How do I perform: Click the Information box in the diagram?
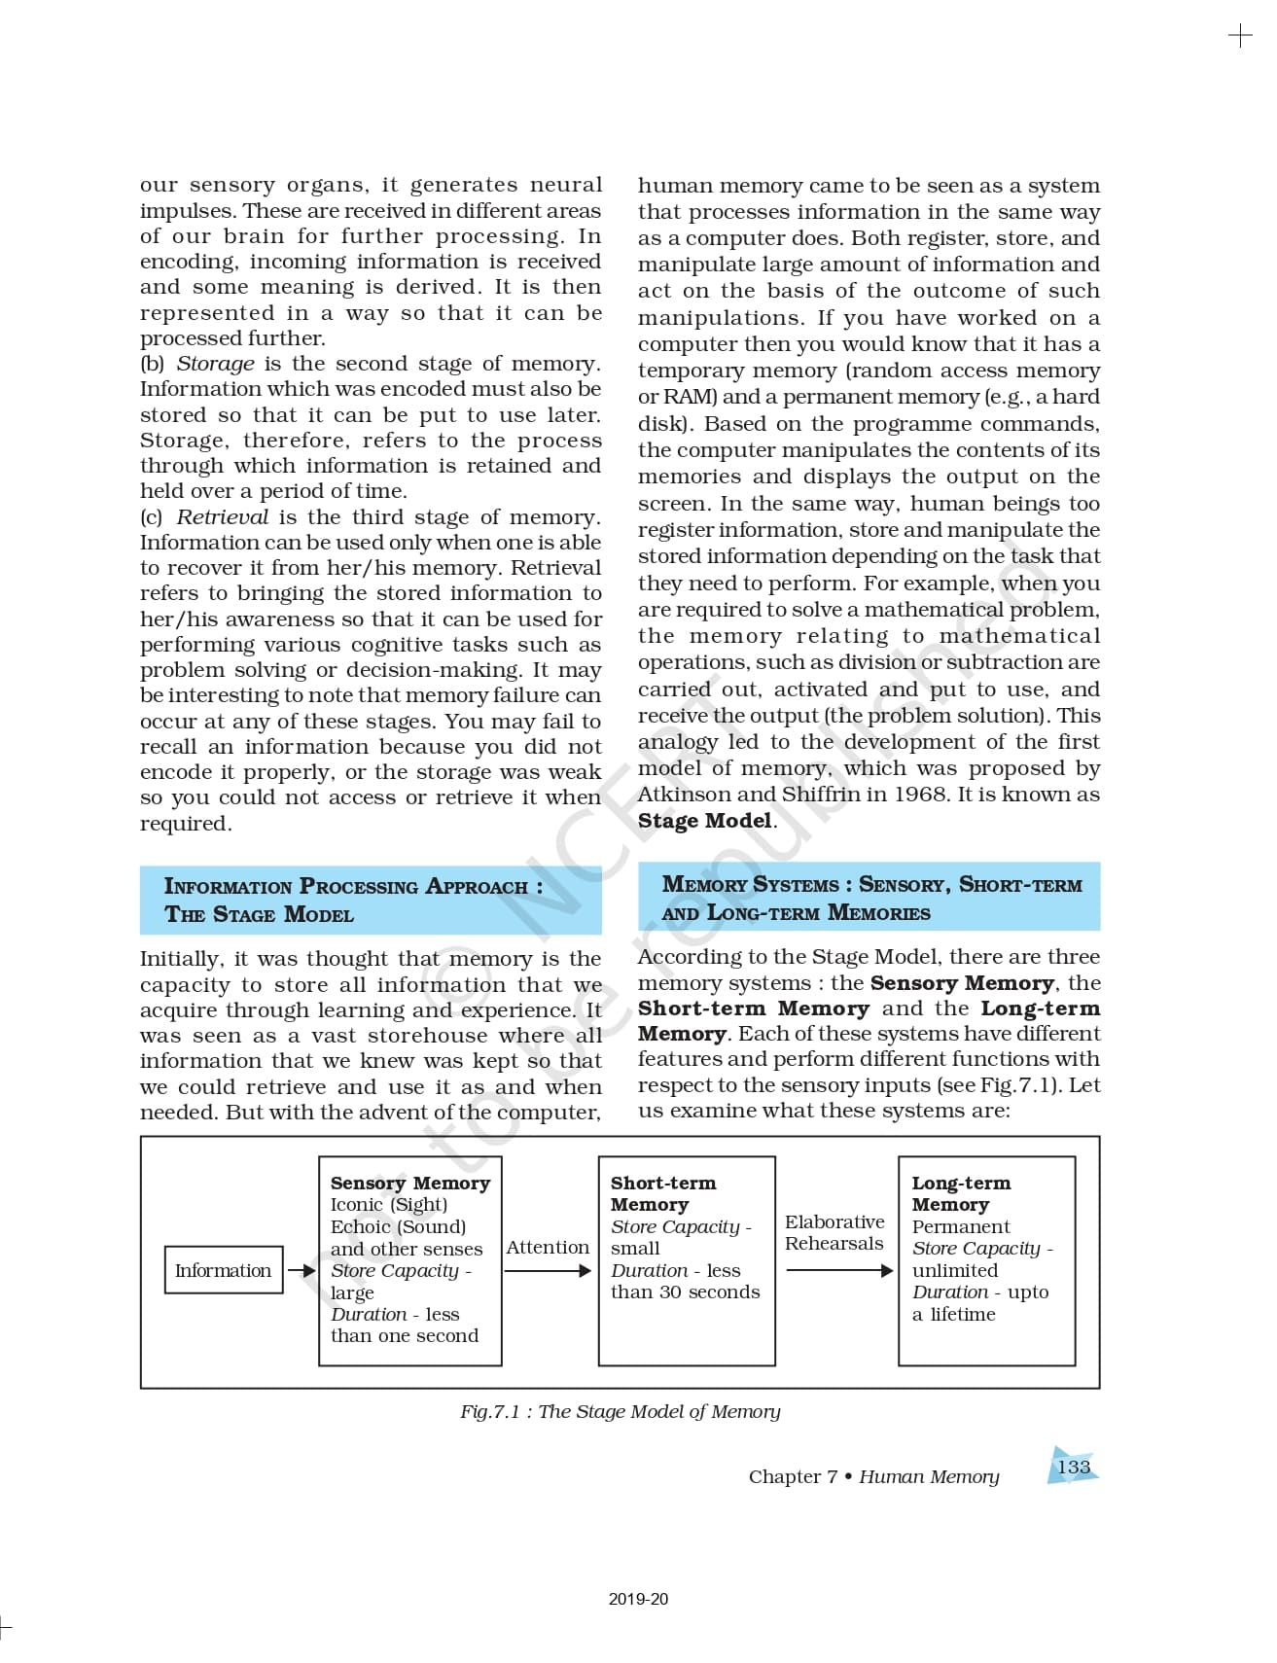[223, 1270]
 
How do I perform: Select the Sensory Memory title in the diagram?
[409, 1183]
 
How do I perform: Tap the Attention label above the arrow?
[548, 1247]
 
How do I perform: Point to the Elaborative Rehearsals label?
[834, 1232]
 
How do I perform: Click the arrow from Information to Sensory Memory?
[302, 1270]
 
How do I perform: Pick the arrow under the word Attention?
[548, 1270]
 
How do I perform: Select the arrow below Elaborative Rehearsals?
[839, 1270]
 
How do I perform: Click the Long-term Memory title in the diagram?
[960, 1193]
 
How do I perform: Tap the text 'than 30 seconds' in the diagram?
[685, 1291]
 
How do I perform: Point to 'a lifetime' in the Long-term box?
[953, 1314]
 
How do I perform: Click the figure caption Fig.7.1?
[620, 1411]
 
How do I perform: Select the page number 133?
[1073, 1467]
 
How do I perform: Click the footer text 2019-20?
[638, 1599]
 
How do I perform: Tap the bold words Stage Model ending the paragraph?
[705, 820]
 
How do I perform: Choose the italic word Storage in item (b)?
[215, 364]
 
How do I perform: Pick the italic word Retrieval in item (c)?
[222, 517]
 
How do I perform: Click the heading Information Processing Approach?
[353, 886]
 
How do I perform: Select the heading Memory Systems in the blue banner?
[750, 884]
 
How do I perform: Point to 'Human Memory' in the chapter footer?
[929, 1476]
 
